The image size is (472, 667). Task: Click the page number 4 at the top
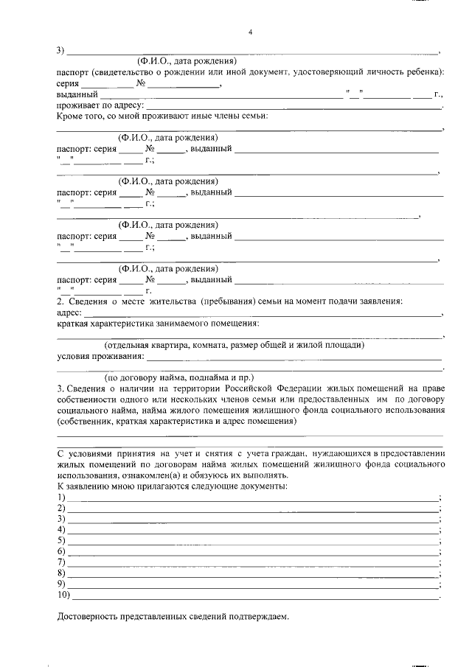point(250,32)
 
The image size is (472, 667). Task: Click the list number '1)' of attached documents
point(62,497)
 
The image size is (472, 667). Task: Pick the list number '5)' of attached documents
point(62,540)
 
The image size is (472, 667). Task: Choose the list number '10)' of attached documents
point(64,594)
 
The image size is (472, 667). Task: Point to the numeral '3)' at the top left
point(62,50)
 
